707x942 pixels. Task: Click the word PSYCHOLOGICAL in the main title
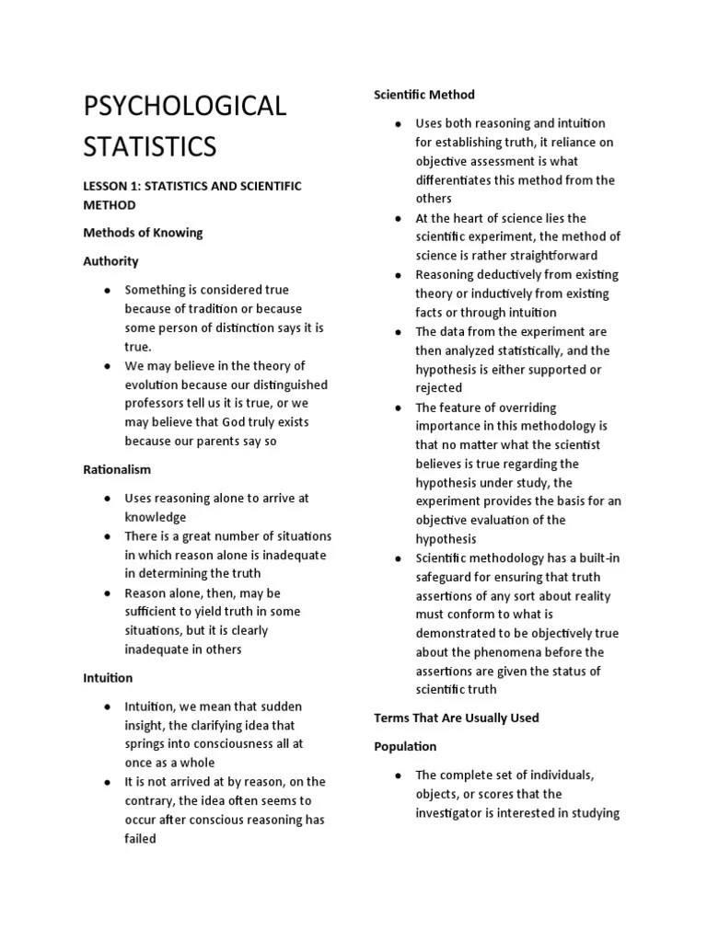point(185,106)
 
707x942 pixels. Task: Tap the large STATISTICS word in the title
point(151,146)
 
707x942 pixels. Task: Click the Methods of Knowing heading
point(143,233)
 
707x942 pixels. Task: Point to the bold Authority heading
point(110,261)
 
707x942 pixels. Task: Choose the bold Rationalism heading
point(117,469)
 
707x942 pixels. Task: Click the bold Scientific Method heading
point(424,95)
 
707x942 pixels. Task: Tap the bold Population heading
point(405,746)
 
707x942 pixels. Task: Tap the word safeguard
point(446,577)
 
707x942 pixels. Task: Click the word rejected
point(439,388)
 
